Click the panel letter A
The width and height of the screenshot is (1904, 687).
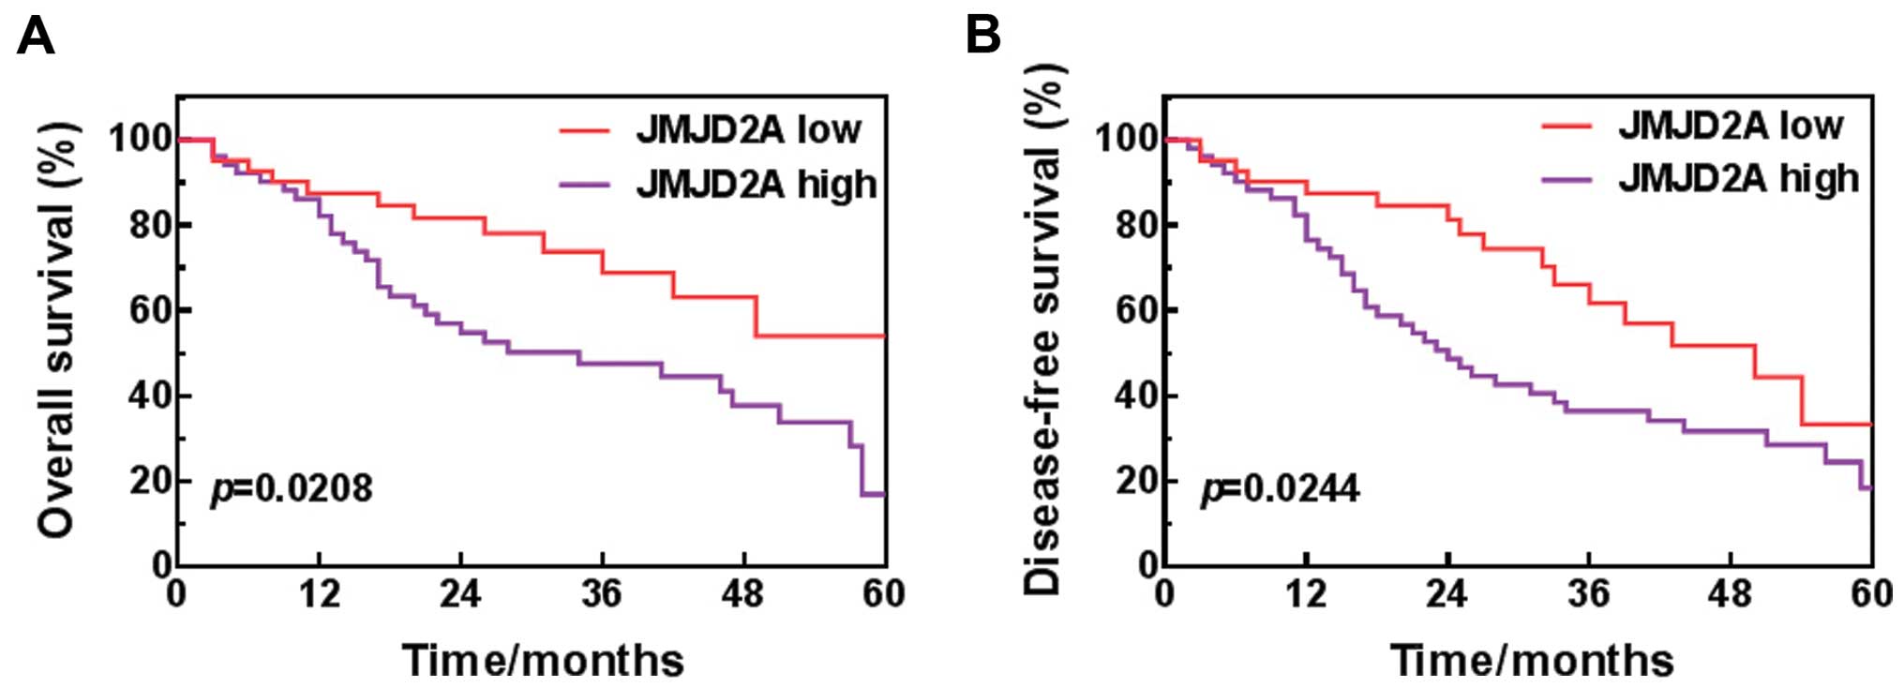pyautogui.click(x=36, y=37)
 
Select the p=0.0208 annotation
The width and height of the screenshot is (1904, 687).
pyautogui.click(x=292, y=488)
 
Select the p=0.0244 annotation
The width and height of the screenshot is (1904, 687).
pyautogui.click(x=1280, y=488)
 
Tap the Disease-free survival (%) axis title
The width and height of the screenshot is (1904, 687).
pyautogui.click(x=1042, y=330)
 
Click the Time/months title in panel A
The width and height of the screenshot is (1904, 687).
pyautogui.click(x=543, y=660)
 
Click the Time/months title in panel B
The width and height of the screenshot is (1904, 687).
pyautogui.click(x=1531, y=660)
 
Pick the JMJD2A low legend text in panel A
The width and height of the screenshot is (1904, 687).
pyautogui.click(x=748, y=130)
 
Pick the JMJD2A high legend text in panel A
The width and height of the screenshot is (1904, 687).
pyautogui.click(x=757, y=184)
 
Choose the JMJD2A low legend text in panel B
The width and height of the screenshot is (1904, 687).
pyautogui.click(x=1731, y=126)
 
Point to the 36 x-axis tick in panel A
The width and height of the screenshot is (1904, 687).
pyautogui.click(x=601, y=593)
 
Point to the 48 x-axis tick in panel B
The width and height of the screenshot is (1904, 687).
pyautogui.click(x=1730, y=593)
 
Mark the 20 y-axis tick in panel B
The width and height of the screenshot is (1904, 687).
pyautogui.click(x=1136, y=481)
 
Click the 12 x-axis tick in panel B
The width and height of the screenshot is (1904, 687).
pyautogui.click(x=1305, y=593)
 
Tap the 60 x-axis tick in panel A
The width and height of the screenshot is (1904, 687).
pyautogui.click(x=883, y=593)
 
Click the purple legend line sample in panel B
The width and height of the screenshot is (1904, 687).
pyautogui.click(x=1567, y=178)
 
